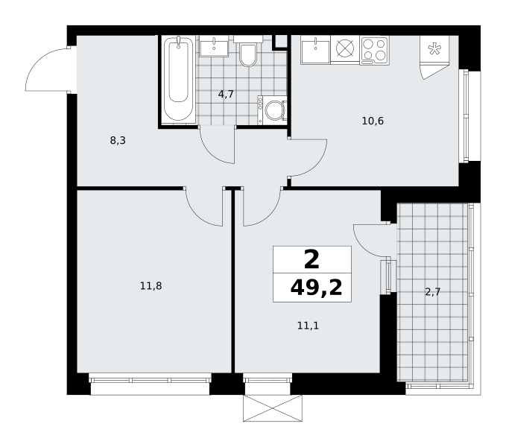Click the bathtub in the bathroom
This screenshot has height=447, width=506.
tap(178, 79)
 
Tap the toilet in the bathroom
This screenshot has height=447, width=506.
tap(248, 51)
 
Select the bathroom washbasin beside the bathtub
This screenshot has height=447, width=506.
tap(214, 46)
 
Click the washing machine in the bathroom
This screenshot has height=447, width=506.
tap(272, 110)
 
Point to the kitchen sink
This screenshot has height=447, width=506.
tap(315, 50)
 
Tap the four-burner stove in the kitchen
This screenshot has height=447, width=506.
tap(374, 51)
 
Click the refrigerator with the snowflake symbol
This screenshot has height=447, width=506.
tap(434, 49)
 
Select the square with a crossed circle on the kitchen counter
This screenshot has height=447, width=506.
tap(345, 48)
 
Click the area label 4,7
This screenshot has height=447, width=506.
tap(226, 95)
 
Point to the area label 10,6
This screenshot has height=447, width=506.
tap(373, 121)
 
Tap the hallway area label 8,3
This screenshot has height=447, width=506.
tap(118, 141)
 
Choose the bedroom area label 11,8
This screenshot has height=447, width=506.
tap(151, 286)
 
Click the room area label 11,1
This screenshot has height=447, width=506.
tap(308, 326)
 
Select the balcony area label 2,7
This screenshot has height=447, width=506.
tap(432, 292)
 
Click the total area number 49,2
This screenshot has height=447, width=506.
tap(316, 288)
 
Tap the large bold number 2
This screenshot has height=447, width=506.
tap(311, 260)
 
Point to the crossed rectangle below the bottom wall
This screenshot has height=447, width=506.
tap(273, 408)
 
